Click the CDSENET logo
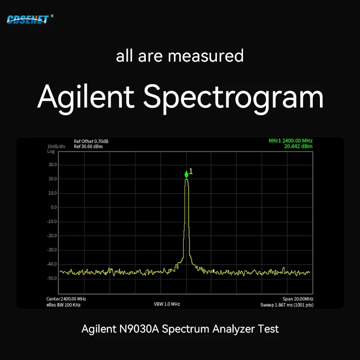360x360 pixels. [28, 19]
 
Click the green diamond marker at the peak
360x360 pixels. [186, 175]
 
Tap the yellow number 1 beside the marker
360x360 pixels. [191, 171]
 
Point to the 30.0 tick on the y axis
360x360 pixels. [53, 165]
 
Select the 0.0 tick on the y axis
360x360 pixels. [54, 207]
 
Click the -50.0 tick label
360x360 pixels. [52, 278]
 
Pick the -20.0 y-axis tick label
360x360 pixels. [52, 235]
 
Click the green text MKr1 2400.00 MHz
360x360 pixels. [290, 140]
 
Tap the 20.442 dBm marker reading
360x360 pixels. [298, 146]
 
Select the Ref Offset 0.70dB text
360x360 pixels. [91, 141]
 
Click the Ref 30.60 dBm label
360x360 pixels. [88, 147]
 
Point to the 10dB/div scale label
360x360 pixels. [56, 147]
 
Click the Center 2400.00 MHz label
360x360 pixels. [66, 299]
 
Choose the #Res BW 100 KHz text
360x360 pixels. [63, 305]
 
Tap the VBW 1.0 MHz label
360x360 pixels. [166, 304]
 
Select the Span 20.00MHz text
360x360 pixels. [298, 299]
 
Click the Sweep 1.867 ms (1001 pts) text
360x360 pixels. [287, 305]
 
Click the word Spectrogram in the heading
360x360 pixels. [233, 97]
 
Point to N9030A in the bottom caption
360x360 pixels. [139, 329]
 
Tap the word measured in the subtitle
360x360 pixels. [206, 56]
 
